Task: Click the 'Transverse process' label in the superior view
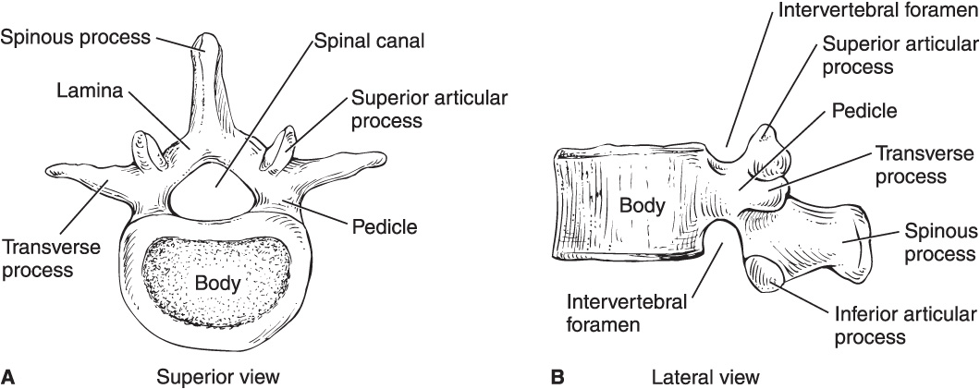39,258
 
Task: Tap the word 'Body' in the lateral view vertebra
638,204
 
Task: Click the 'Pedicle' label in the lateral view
864,112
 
